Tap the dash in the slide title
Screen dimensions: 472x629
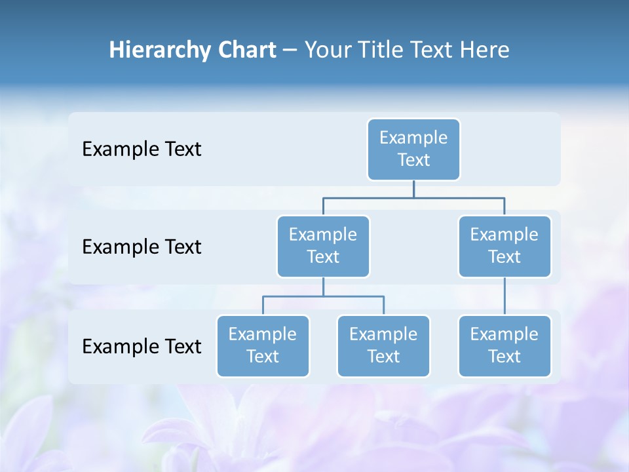coord(290,50)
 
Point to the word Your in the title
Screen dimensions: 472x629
coord(328,50)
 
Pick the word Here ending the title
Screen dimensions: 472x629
coord(484,50)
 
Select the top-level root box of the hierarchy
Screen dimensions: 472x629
coord(413,149)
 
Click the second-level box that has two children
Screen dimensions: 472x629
coord(323,246)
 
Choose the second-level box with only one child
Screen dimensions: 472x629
coord(505,246)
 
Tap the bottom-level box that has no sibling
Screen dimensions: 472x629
coord(505,346)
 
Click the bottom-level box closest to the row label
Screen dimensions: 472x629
coord(263,346)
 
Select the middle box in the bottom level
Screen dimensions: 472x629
coord(383,346)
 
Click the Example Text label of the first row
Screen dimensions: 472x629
coord(142,149)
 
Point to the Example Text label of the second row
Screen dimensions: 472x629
coord(142,247)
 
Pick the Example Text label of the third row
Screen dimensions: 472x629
coord(142,346)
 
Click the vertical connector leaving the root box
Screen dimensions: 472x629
coord(413,189)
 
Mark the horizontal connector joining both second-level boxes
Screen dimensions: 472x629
coord(413,197)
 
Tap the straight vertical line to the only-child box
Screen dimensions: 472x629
coord(505,296)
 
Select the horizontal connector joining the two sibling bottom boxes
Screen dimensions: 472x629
coord(323,296)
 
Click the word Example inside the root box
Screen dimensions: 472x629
coord(413,138)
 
